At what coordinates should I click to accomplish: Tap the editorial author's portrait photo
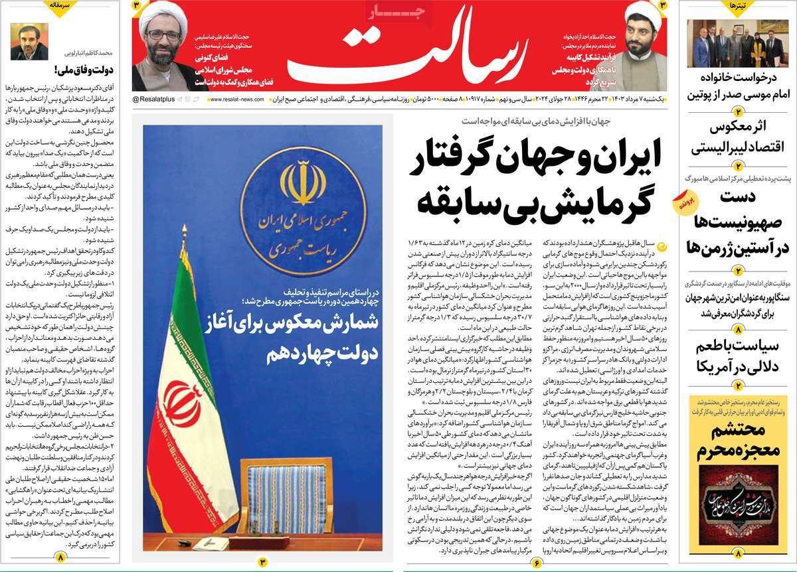pyautogui.click(x=24, y=42)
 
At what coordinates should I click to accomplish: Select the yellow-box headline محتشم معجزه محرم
pyautogui.click(x=738, y=444)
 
